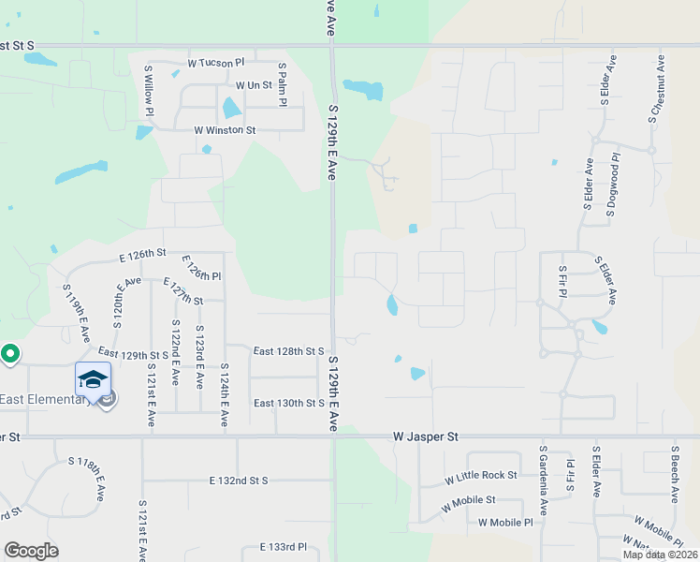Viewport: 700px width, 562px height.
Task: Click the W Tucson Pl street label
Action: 215,63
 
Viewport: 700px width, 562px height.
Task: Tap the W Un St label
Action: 254,84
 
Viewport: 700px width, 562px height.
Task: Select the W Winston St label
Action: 225,130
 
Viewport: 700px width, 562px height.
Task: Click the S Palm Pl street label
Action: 282,84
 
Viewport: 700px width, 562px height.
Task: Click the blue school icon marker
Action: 94,380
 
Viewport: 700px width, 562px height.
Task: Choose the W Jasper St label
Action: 426,436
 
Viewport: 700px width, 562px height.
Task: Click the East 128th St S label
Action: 288,350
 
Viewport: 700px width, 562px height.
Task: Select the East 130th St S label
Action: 288,403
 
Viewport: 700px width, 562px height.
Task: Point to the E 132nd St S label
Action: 239,481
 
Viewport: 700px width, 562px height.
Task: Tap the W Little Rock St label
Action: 481,476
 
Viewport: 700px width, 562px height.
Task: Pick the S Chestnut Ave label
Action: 657,89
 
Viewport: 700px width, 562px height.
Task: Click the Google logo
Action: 31,551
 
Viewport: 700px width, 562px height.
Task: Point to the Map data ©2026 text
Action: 660,555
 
